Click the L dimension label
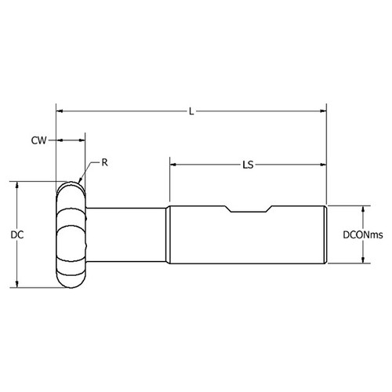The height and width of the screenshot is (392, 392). (x=191, y=111)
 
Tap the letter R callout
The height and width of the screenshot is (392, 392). (x=103, y=162)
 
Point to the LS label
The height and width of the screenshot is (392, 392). (x=248, y=165)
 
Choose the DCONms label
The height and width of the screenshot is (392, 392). (x=363, y=234)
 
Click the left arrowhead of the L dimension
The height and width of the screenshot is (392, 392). (x=60, y=111)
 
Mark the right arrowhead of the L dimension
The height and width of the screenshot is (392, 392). (x=322, y=111)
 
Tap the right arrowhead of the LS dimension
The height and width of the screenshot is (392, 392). (x=322, y=165)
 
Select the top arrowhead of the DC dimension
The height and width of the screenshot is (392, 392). (x=17, y=185)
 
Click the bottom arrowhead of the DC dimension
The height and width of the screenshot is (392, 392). (x=17, y=285)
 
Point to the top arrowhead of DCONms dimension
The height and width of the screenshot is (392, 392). (x=363, y=209)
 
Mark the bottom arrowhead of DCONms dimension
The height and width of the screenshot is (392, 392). (x=363, y=260)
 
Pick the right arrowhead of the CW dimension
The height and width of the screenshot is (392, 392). (x=81, y=140)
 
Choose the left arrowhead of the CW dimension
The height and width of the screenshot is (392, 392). (x=60, y=140)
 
